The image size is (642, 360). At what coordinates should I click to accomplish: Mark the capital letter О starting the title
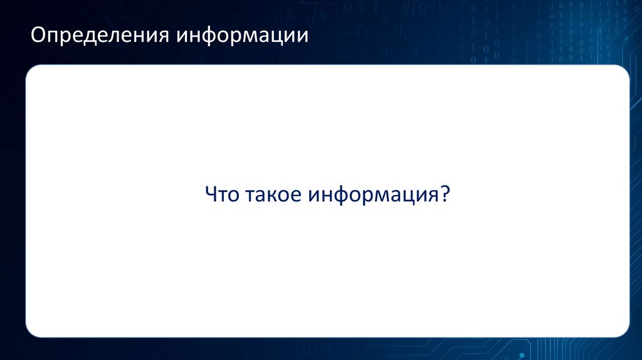click(x=39, y=35)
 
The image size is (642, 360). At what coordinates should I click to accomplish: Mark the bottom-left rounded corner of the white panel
click(x=31, y=332)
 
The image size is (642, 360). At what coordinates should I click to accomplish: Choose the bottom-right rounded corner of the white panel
click(x=623, y=332)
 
